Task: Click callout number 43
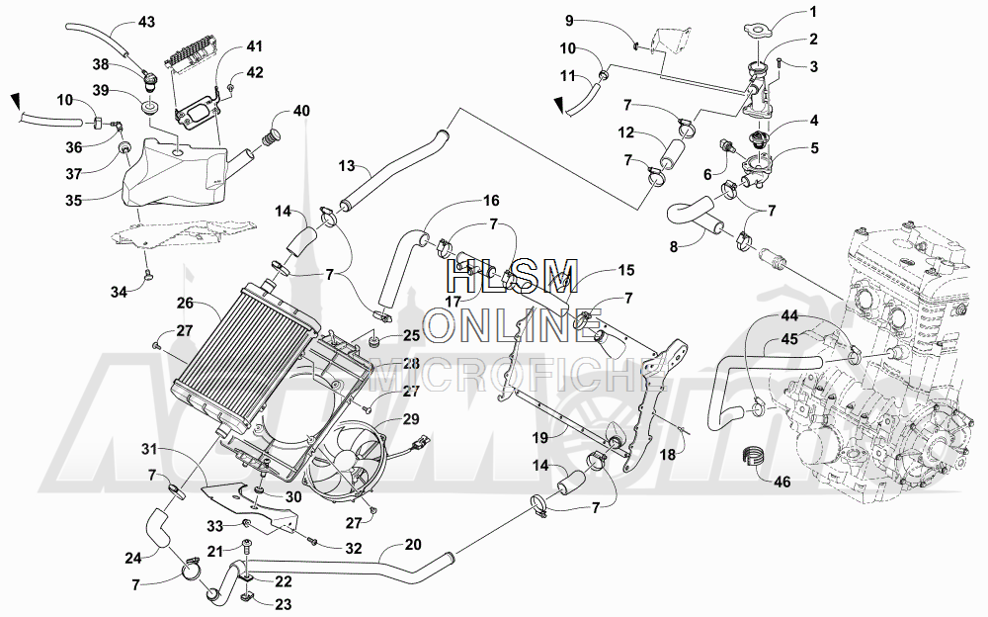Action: tap(145, 22)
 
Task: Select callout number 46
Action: tap(782, 483)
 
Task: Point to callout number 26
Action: tap(186, 304)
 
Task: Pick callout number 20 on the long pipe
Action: tap(413, 545)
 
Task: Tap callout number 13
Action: tap(347, 166)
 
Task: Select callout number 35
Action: tap(74, 201)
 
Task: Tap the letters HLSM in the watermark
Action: tap(512, 276)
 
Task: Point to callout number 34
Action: tap(120, 292)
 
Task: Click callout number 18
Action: tap(667, 454)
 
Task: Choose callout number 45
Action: tap(789, 339)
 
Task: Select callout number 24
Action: tap(133, 559)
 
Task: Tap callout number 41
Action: tap(255, 46)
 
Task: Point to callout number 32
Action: tap(354, 548)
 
